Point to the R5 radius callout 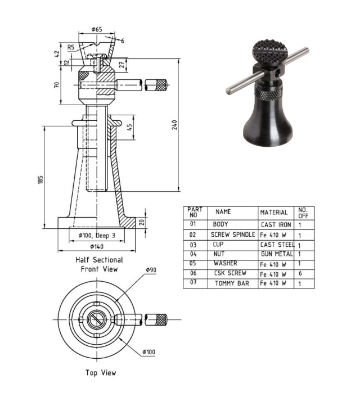pyautogui.click(x=71, y=47)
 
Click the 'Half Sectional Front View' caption pyautogui.click(x=99, y=265)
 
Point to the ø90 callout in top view pyautogui.click(x=150, y=270)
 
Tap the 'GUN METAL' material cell pyautogui.click(x=276, y=254)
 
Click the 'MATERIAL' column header pyautogui.click(x=274, y=213)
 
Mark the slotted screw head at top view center pyautogui.click(x=97, y=319)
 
